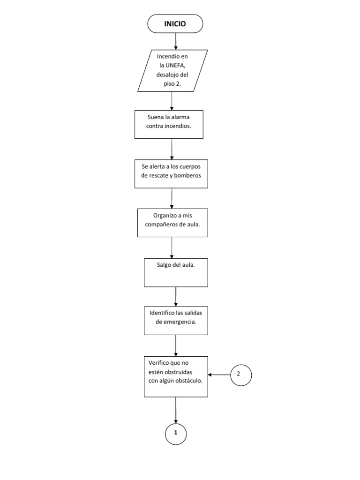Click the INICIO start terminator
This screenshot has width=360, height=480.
click(x=175, y=23)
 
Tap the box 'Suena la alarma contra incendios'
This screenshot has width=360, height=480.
click(x=169, y=124)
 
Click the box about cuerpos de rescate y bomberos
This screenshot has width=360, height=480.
click(x=172, y=174)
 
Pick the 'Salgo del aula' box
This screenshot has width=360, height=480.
click(x=175, y=272)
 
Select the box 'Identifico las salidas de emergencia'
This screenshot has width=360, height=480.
click(x=175, y=321)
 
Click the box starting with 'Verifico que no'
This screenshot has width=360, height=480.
click(x=175, y=377)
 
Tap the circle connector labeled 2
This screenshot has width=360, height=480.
click(x=241, y=374)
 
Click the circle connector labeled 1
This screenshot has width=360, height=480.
click(x=176, y=433)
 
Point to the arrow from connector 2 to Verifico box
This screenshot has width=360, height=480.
click(x=219, y=375)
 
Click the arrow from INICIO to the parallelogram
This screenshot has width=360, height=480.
click(x=176, y=41)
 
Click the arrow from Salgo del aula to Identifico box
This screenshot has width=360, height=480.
click(x=176, y=296)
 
